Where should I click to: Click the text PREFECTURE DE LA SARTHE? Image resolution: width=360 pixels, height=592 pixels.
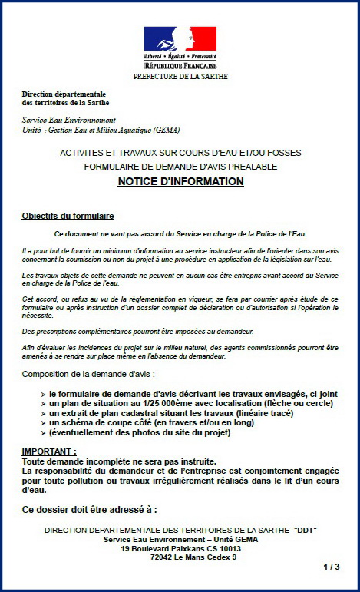[180, 76]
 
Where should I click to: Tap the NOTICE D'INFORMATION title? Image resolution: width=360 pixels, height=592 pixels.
[180, 181]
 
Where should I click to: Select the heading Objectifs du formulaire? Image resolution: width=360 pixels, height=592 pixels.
[68, 216]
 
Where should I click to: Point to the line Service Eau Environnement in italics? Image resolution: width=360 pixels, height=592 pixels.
[69, 121]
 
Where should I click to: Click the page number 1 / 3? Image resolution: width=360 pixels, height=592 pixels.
[331, 567]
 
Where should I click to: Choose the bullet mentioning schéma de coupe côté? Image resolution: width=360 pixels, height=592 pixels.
[165, 422]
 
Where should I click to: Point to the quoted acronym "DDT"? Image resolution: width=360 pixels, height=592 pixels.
[305, 531]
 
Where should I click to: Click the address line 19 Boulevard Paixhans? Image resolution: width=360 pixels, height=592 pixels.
[180, 548]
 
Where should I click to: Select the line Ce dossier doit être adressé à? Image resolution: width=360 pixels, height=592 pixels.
[90, 509]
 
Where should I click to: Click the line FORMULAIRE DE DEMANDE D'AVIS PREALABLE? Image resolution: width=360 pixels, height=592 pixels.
[180, 166]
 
